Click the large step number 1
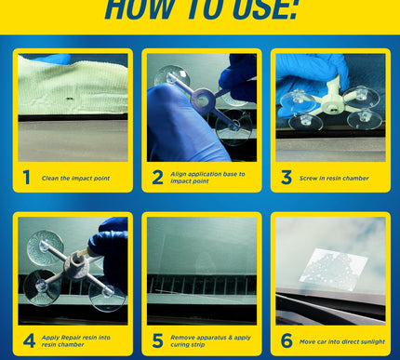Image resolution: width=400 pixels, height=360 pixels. tap(26, 178)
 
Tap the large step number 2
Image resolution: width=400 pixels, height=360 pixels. tap(157, 178)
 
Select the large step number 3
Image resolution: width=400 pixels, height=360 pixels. tap(287, 178)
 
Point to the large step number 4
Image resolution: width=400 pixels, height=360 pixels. tap(29, 340)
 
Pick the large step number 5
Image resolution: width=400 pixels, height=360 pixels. tap(157, 340)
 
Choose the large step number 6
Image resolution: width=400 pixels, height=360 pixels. tap(287, 340)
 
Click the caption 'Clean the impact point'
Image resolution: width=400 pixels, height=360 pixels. tap(75, 179)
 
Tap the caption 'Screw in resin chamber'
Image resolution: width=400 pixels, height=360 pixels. tap(334, 179)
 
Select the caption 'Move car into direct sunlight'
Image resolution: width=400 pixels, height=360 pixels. tap(342, 341)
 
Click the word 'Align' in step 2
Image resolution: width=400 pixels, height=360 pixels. tap(179, 174)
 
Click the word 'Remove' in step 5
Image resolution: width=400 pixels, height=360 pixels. tap(180, 338)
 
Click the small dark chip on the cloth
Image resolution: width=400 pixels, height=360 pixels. tap(69, 99)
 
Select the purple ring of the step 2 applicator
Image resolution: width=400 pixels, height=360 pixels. tap(202, 99)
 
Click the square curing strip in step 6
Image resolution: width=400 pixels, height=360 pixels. tap(334, 269)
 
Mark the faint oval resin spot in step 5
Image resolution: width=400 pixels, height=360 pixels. tap(204, 262)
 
